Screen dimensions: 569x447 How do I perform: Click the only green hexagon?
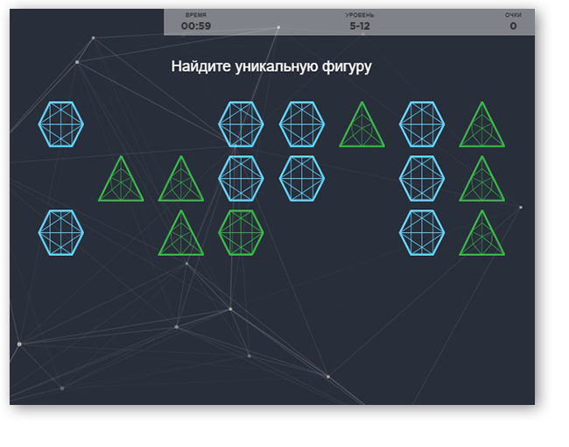tap(241, 232)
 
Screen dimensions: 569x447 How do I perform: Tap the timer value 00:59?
tap(196, 25)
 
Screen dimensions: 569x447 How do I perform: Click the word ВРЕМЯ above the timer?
tap(196, 15)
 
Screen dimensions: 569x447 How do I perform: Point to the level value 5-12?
tap(360, 25)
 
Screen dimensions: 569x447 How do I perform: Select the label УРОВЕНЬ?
tap(360, 15)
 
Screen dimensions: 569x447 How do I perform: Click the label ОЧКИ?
tap(513, 15)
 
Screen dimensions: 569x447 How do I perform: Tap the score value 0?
tap(513, 25)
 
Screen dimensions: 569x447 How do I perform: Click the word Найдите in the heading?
tap(201, 67)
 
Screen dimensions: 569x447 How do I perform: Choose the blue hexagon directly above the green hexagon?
tap(241, 179)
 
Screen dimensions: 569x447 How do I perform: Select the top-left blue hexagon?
tap(61, 124)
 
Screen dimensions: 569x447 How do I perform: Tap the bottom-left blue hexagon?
tap(61, 232)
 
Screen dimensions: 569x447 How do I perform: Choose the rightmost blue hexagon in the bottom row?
tap(422, 232)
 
